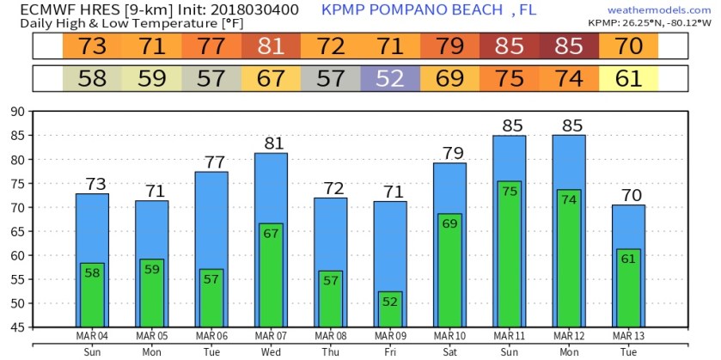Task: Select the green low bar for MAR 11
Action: tap(509, 253)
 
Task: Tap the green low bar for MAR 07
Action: tap(271, 275)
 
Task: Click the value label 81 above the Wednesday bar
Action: tap(271, 143)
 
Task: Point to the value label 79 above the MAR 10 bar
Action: tap(449, 153)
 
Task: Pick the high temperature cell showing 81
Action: tap(271, 46)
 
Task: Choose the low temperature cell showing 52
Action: tap(389, 79)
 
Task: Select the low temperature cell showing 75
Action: tap(509, 79)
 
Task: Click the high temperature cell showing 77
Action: tap(211, 46)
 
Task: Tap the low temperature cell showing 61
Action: tap(628, 79)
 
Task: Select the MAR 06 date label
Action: tap(211, 335)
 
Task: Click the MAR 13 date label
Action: tap(628, 335)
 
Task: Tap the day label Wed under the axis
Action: tap(271, 351)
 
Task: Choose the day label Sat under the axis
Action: tap(449, 351)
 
